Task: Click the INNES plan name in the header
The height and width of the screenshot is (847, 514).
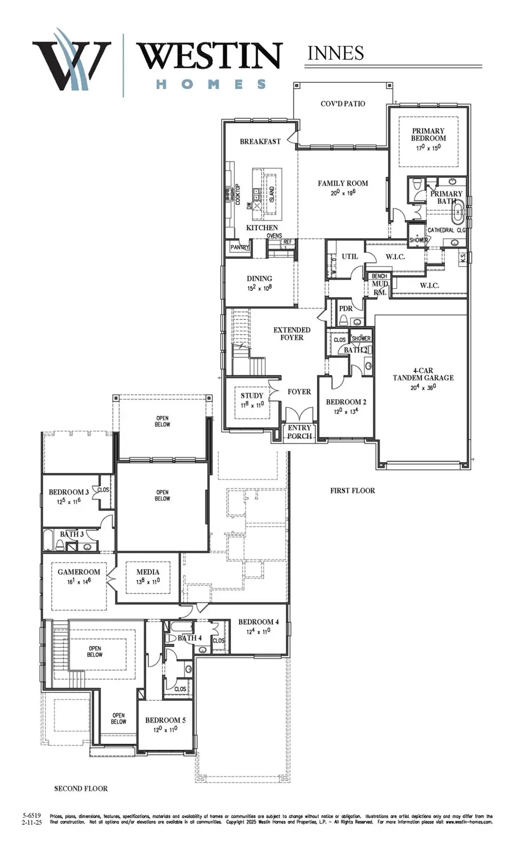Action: pyautogui.click(x=335, y=53)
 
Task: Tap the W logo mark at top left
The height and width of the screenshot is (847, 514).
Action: pyautogui.click(x=71, y=63)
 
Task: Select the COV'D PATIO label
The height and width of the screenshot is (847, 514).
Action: pyautogui.click(x=343, y=104)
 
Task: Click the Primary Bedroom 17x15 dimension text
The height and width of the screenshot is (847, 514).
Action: pyautogui.click(x=428, y=148)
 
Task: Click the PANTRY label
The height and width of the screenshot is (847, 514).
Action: pyautogui.click(x=240, y=247)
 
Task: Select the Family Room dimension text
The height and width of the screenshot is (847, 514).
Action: pyautogui.click(x=343, y=192)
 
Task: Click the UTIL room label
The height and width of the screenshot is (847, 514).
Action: pyautogui.click(x=350, y=256)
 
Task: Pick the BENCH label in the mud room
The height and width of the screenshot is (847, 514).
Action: pyautogui.click(x=379, y=276)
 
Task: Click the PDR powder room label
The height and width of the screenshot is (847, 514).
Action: pyautogui.click(x=346, y=308)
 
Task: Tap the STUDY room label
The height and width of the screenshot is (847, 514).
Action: pyautogui.click(x=252, y=395)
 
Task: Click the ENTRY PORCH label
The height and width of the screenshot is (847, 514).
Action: pyautogui.click(x=299, y=432)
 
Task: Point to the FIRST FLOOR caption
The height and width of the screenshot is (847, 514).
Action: pyautogui.click(x=352, y=490)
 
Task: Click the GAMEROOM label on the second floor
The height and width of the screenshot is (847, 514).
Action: pyautogui.click(x=79, y=572)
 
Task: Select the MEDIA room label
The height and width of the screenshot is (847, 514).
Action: pyautogui.click(x=148, y=572)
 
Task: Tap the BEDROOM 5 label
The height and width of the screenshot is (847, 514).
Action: pyautogui.click(x=165, y=720)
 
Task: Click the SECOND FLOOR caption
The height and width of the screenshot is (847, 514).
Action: pyautogui.click(x=81, y=788)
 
